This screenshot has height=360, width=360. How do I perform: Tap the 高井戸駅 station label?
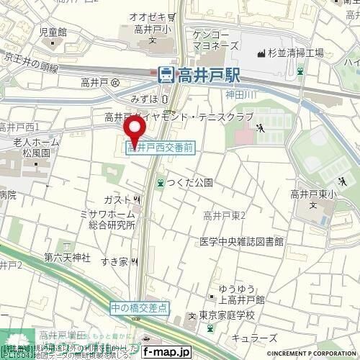tap(208, 73)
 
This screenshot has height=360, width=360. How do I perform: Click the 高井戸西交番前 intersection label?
tap(160, 148)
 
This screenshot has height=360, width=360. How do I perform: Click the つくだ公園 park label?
tap(189, 184)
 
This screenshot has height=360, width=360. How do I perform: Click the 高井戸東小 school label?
tap(314, 194)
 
